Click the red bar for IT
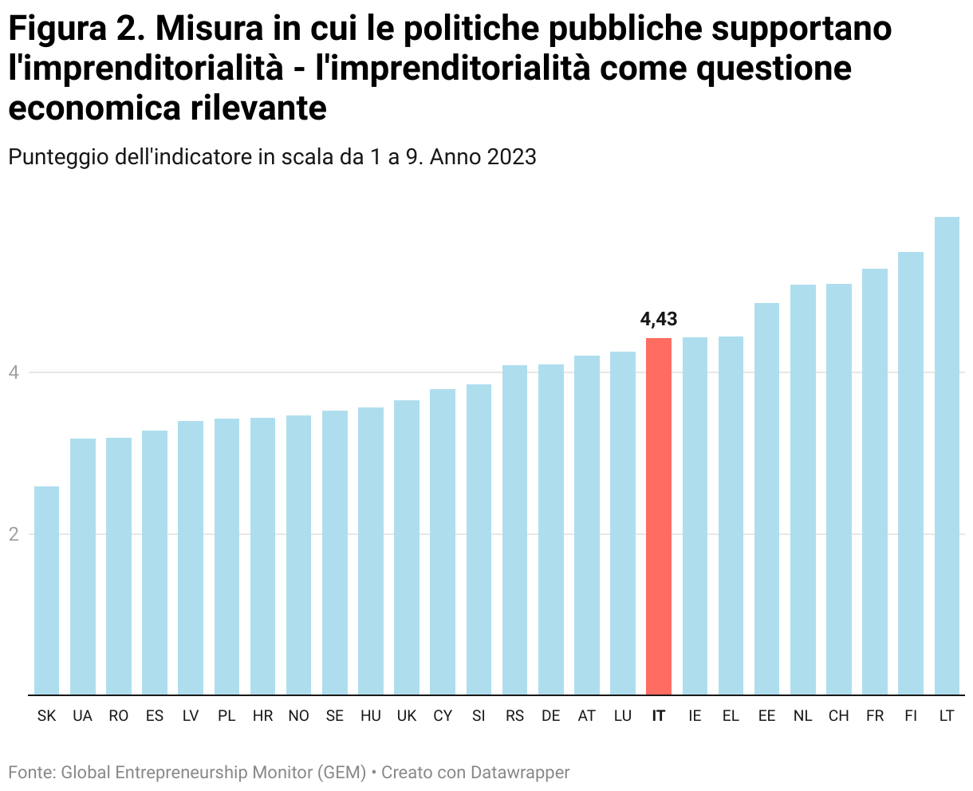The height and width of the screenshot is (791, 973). [x=659, y=516]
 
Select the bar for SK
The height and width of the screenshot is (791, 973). [x=47, y=590]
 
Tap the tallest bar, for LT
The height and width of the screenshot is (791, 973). [x=947, y=455]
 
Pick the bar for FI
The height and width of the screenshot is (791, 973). [x=911, y=473]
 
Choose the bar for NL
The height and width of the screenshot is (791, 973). [x=803, y=490]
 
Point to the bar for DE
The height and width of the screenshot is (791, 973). [x=551, y=529]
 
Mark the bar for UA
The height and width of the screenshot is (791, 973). [x=83, y=566]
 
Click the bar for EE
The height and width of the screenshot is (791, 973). [x=766, y=498]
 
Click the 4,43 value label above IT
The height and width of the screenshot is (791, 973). [x=659, y=320]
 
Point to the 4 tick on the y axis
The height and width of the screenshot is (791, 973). [x=14, y=372]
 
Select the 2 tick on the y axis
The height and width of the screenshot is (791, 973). [x=14, y=534]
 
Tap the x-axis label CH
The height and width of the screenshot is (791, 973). [x=839, y=716]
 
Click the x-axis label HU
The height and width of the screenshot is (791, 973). [x=371, y=716]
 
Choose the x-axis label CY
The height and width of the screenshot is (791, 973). [x=443, y=716]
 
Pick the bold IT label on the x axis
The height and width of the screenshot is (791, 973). [x=659, y=716]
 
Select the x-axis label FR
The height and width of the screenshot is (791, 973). [x=875, y=716]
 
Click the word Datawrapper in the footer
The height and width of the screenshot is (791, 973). [x=520, y=772]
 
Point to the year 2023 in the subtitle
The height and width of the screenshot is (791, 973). [x=512, y=157]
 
